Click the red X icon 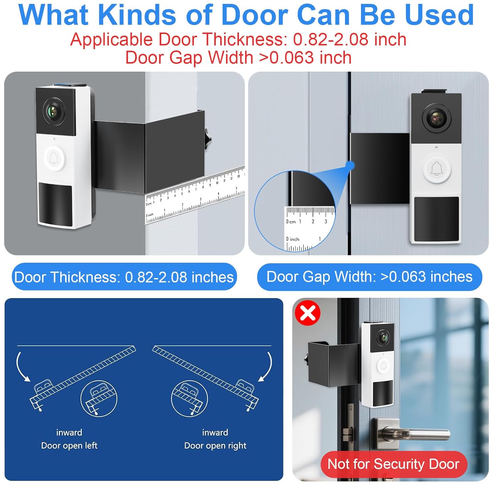(x=308, y=313)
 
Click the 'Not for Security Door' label (x=393, y=464)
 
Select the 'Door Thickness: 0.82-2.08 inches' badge (x=124, y=277)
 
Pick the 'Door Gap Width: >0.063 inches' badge (x=369, y=276)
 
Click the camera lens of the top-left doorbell (x=54, y=111)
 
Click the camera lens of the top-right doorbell (x=436, y=117)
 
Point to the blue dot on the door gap (x=351, y=165)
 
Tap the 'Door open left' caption (x=69, y=446)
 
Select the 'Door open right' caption (x=215, y=446)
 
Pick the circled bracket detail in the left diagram (x=99, y=398)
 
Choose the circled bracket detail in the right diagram (x=190, y=398)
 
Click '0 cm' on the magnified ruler (x=291, y=222)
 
